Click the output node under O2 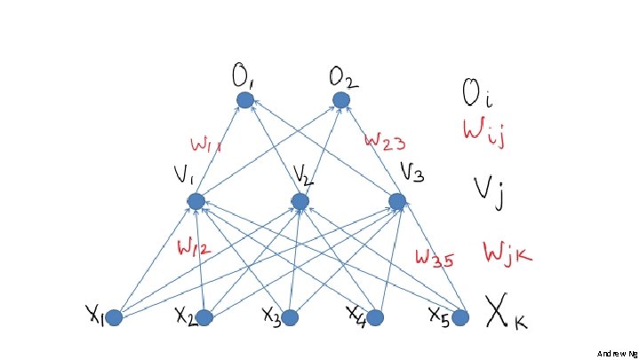click(x=340, y=100)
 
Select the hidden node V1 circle click(x=196, y=202)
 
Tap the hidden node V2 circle click(x=300, y=202)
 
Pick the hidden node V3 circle click(x=397, y=202)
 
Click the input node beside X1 click(x=114, y=317)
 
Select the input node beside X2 click(x=205, y=317)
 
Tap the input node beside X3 click(x=290, y=317)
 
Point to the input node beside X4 click(x=376, y=317)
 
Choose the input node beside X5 click(x=460, y=317)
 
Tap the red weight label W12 click(x=194, y=247)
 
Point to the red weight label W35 click(x=436, y=259)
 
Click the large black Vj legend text click(x=488, y=190)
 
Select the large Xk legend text click(x=505, y=311)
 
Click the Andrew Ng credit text click(x=618, y=353)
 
